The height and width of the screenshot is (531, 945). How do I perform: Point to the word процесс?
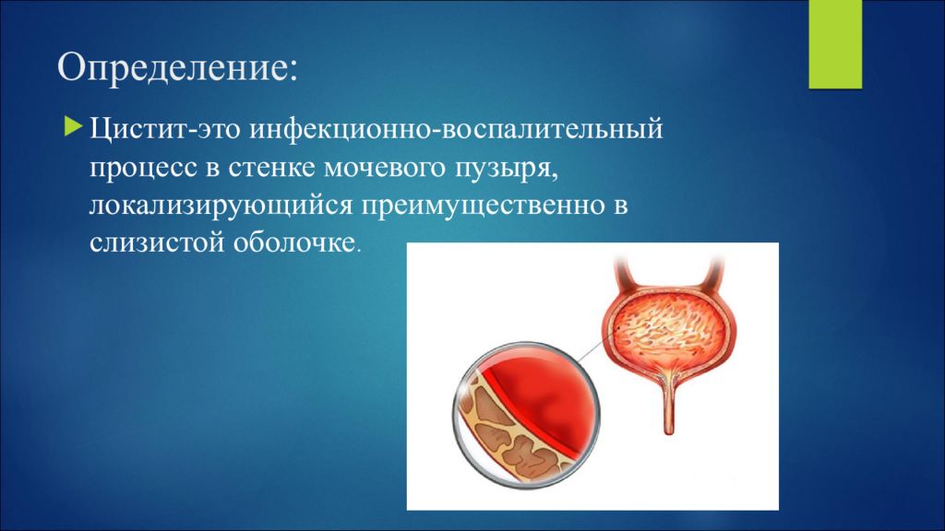(143, 169)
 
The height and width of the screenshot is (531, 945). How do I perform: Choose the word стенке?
(272, 168)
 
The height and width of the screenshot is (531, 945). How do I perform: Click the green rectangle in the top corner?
(835, 44)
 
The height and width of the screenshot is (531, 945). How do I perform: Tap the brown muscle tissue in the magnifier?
(500, 433)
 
